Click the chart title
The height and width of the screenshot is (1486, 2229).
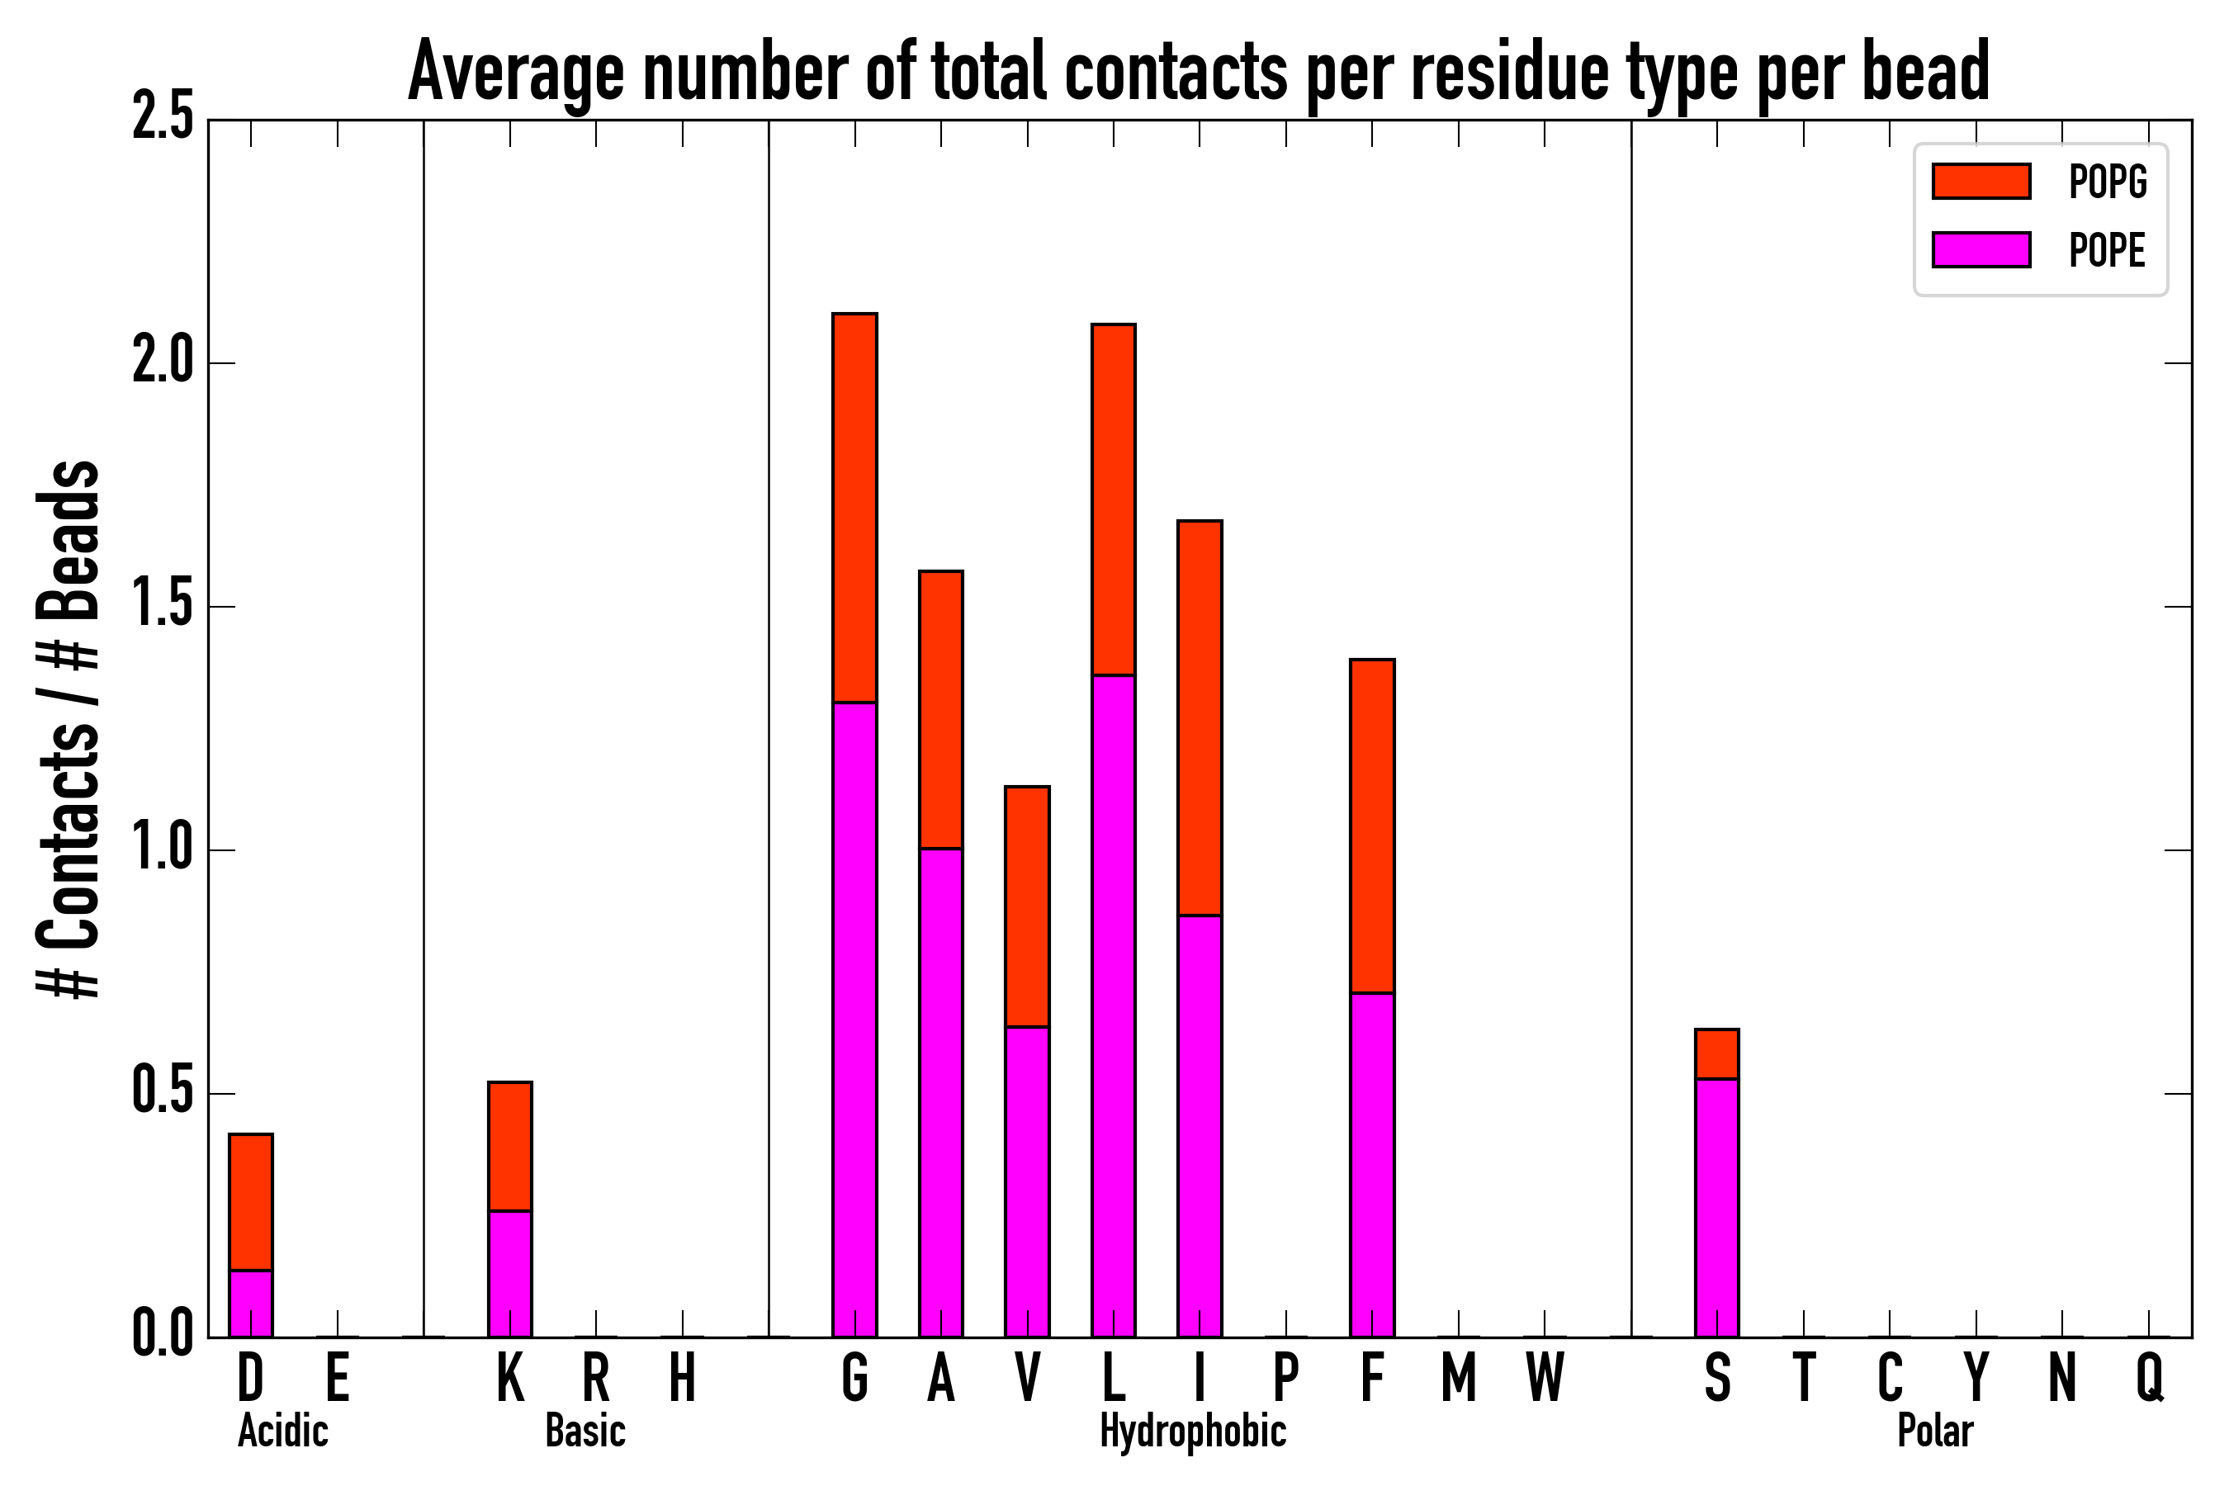point(1198,72)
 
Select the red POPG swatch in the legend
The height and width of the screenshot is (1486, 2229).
point(1981,181)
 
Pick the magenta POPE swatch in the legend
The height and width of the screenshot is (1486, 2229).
point(1981,249)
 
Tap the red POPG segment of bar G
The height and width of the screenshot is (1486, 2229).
point(854,507)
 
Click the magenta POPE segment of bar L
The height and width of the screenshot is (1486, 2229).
point(1113,1005)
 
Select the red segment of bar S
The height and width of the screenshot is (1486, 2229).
point(1716,1054)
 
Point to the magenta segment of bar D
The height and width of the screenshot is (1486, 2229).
point(251,1303)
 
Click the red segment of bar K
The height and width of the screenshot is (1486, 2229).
point(510,1146)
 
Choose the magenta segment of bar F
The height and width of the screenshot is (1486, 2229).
point(1371,1165)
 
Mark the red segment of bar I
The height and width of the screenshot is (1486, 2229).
point(1199,717)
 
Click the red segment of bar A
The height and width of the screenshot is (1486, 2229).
point(940,709)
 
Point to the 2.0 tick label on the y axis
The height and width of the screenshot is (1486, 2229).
point(163,362)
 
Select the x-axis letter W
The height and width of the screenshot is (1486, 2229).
point(1545,1378)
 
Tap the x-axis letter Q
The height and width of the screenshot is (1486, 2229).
point(2150,1378)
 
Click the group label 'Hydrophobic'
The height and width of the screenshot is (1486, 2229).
point(1192,1431)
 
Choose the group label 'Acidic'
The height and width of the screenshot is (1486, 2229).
point(282,1431)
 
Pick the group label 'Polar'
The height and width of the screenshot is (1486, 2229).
point(1934,1431)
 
